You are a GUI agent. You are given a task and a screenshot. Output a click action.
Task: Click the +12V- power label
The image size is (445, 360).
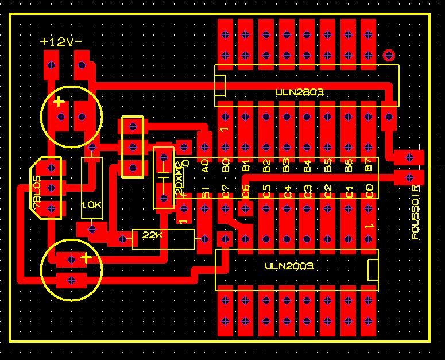tap(61, 41)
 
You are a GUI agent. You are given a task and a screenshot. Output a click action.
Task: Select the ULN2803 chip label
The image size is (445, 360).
tap(299, 92)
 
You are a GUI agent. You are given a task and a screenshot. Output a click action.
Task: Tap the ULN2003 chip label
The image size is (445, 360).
tap(290, 266)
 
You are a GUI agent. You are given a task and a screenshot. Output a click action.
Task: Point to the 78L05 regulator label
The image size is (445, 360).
tap(37, 194)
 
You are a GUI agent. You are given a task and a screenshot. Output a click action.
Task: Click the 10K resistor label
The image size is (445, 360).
tap(92, 204)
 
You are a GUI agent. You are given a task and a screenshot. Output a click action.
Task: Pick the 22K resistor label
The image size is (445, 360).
tap(153, 235)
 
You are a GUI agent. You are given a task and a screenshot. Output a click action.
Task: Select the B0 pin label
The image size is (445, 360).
tap(226, 165)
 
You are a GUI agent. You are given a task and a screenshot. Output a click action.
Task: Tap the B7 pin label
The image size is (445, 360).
tap(369, 165)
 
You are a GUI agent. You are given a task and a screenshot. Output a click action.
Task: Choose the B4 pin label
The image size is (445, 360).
tap(307, 165)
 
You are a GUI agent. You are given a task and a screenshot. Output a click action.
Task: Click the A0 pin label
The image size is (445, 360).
tap(205, 165)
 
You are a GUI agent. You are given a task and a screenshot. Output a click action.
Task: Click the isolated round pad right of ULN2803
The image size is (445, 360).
tap(389, 56)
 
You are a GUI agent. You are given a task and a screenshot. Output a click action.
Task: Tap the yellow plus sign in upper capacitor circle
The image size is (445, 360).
tap(59, 102)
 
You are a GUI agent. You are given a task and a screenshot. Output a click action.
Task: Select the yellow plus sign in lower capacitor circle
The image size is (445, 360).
tap(86, 258)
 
